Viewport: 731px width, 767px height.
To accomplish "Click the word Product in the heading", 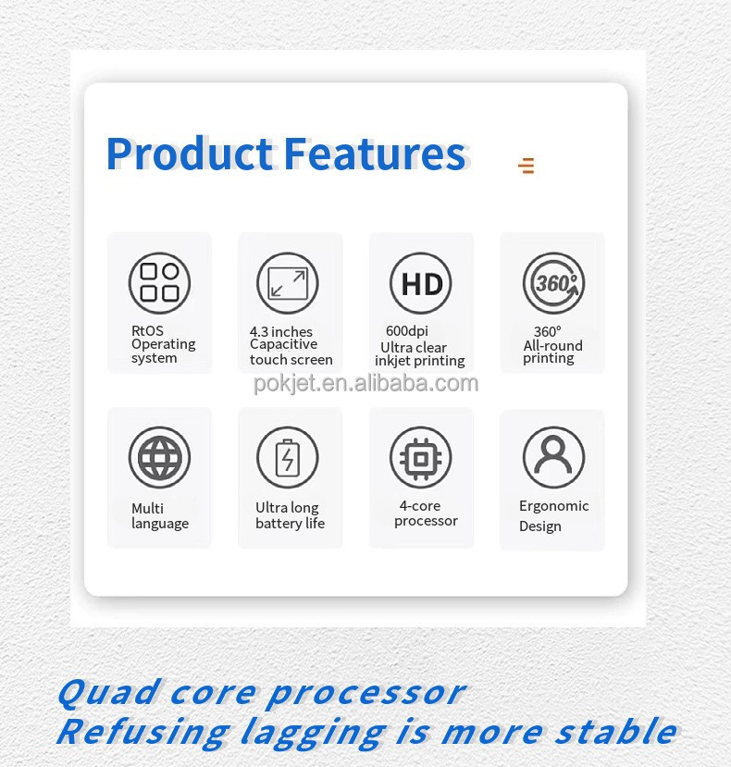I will click(x=190, y=155).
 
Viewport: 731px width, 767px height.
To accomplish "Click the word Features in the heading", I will click(x=375, y=155).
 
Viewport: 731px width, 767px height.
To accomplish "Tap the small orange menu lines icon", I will click(x=527, y=166).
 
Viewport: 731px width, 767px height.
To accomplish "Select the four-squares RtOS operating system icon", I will click(x=159, y=283).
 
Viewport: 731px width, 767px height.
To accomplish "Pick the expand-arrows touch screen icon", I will click(x=287, y=283).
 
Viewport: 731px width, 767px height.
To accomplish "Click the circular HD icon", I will click(x=420, y=283).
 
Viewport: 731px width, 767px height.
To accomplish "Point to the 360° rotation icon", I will click(x=553, y=283).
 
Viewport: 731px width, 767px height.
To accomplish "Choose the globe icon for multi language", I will click(x=159, y=457).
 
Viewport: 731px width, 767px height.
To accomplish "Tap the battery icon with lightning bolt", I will click(x=287, y=457).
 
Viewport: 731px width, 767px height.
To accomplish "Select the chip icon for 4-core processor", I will click(x=420, y=457).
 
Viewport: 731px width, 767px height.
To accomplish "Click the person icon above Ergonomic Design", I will click(x=553, y=457).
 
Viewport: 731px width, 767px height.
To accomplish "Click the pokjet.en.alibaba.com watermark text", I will click(x=366, y=383).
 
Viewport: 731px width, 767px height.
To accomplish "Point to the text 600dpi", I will click(x=407, y=331).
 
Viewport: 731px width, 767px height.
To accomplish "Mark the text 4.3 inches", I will click(x=281, y=331).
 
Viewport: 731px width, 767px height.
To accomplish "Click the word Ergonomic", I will click(x=553, y=506).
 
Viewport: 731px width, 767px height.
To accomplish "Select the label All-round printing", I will click(x=552, y=352).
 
